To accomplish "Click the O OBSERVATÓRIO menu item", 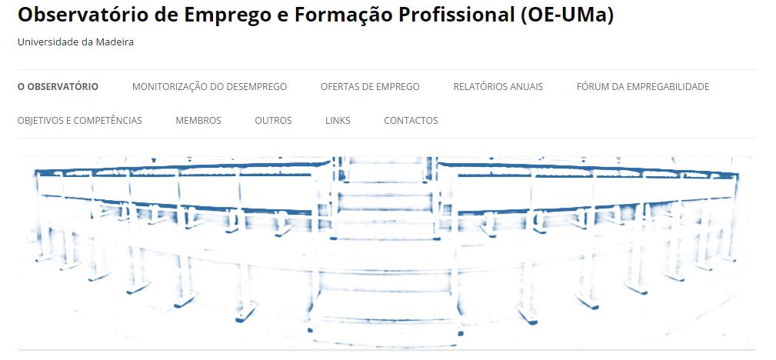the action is pyautogui.click(x=58, y=87).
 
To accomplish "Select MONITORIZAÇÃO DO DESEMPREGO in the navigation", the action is pyautogui.click(x=209, y=87).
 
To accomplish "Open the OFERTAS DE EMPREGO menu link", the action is pyautogui.click(x=370, y=87).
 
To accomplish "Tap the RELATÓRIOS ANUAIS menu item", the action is pyautogui.click(x=498, y=87).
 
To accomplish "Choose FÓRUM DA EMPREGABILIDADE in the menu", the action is pyautogui.click(x=643, y=87).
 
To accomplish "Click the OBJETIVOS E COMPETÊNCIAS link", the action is pyautogui.click(x=80, y=120).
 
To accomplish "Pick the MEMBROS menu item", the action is pyautogui.click(x=198, y=120).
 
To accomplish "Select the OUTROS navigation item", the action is pyautogui.click(x=273, y=120).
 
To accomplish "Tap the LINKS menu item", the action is pyautogui.click(x=338, y=120).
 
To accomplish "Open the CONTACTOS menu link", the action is pyautogui.click(x=411, y=120).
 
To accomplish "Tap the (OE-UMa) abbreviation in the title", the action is pyautogui.click(x=567, y=16).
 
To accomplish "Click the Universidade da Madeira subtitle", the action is pyautogui.click(x=75, y=42).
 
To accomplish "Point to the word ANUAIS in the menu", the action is pyautogui.click(x=524, y=87).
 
